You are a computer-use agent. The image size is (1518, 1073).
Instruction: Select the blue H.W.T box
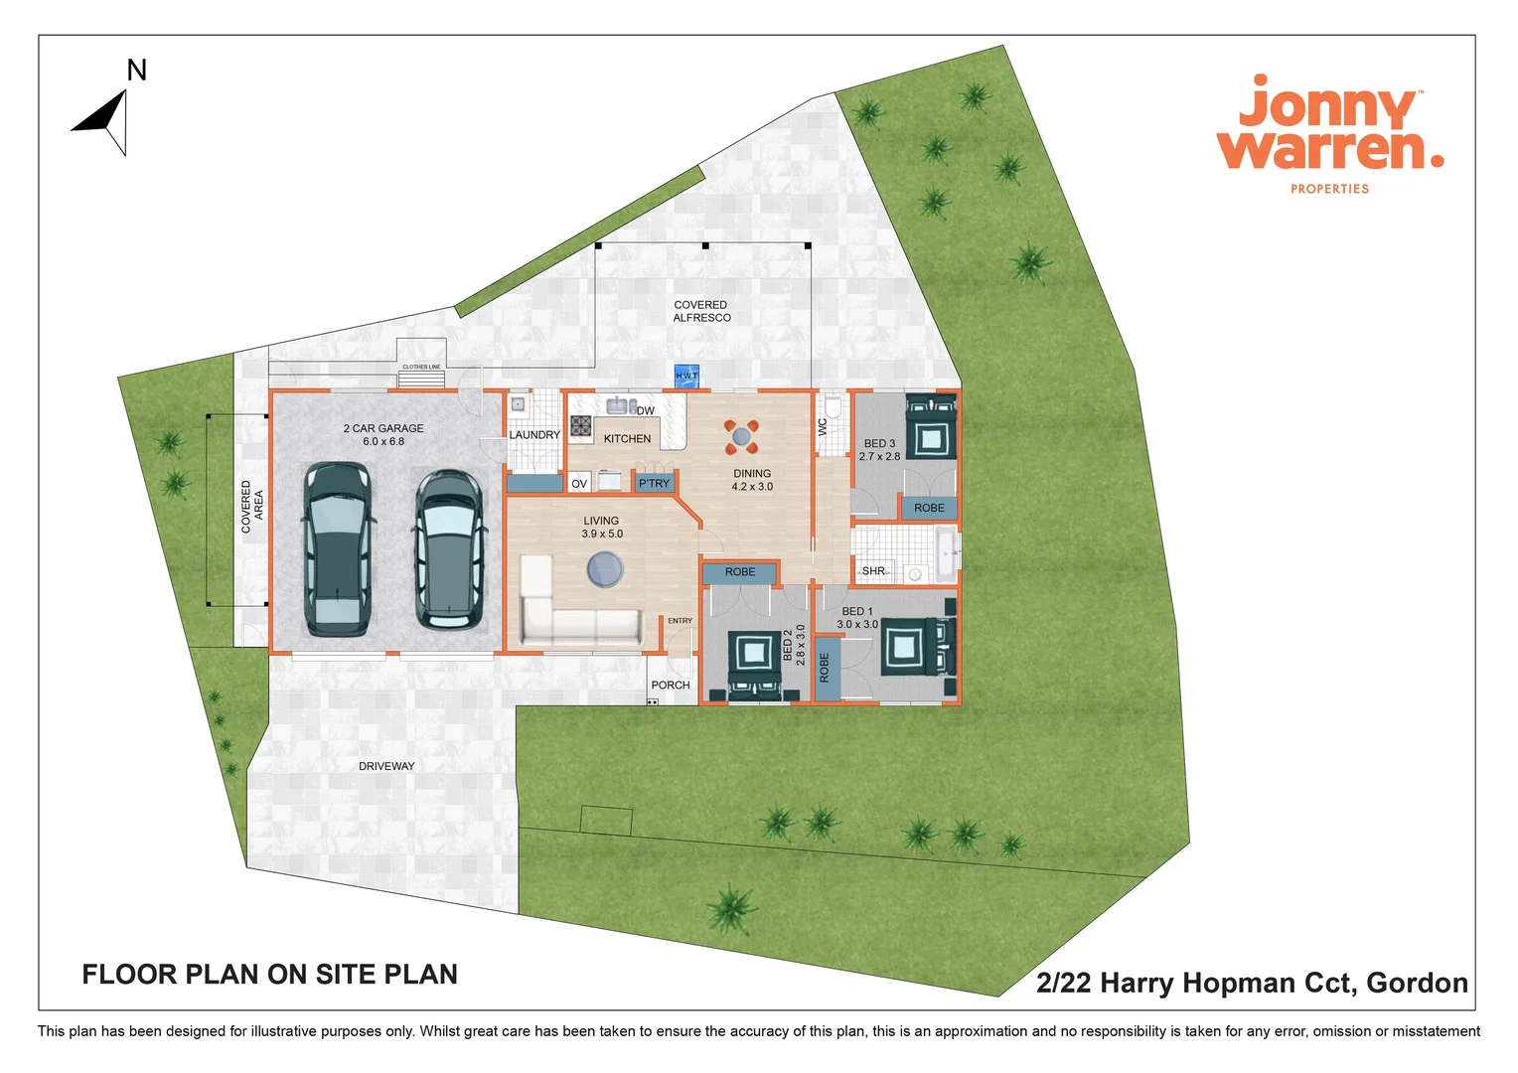[x=686, y=376]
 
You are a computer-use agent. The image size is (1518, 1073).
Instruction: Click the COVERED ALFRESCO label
[x=701, y=312]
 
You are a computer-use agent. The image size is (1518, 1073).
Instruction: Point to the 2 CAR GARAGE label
[x=383, y=434]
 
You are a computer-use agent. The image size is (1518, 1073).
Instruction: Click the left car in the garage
[x=338, y=548]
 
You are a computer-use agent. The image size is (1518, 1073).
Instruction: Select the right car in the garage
[x=450, y=549]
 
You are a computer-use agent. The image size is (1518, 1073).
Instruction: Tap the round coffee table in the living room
[x=604, y=570]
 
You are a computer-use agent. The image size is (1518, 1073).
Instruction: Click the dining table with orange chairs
[x=741, y=435]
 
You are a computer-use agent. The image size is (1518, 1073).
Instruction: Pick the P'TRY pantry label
[x=654, y=484]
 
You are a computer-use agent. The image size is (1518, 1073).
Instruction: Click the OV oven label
[x=579, y=484]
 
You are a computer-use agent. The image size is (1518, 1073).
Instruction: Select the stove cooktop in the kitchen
[x=581, y=427]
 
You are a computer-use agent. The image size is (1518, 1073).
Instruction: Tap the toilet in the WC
[x=834, y=408]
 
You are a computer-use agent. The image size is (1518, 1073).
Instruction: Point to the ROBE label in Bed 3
[x=930, y=508]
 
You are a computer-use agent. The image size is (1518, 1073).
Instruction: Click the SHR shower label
[x=873, y=571]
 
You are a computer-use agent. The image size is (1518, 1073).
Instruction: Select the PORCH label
[x=671, y=686]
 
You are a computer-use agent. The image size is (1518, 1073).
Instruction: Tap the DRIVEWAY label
[x=386, y=766]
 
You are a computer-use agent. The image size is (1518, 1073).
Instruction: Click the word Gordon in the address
[x=1417, y=983]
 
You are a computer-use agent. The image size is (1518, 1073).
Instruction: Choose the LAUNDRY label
[x=534, y=435]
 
